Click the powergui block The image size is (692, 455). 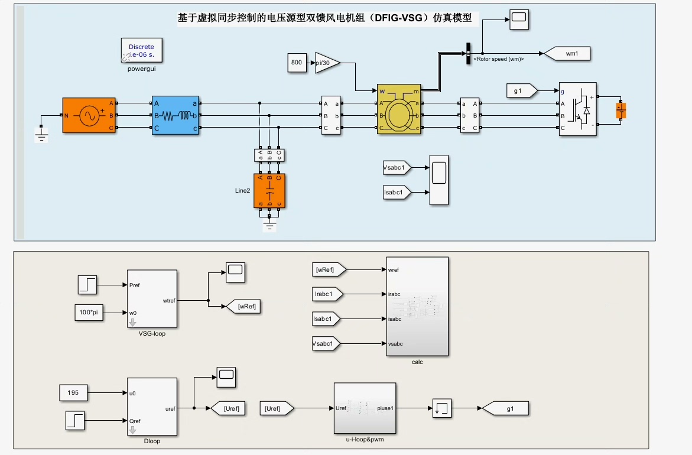pos(141,50)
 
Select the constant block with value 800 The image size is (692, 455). pos(297,63)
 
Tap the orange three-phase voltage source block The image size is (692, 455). pos(89,115)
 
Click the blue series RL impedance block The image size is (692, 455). pos(176,115)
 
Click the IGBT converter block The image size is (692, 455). pos(578,109)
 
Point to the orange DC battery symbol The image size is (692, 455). pos(620,110)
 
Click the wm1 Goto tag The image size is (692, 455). pos(567,54)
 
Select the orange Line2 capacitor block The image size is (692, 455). pos(269,191)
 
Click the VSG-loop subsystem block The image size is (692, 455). pos(152,298)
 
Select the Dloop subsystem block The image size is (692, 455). pos(152,407)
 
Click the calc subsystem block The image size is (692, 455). pos(417,307)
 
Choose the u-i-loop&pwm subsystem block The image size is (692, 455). pos(365,408)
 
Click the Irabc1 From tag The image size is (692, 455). pos(326,294)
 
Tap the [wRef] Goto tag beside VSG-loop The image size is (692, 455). pos(243,306)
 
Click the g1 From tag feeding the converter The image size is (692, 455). pos(522,90)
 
